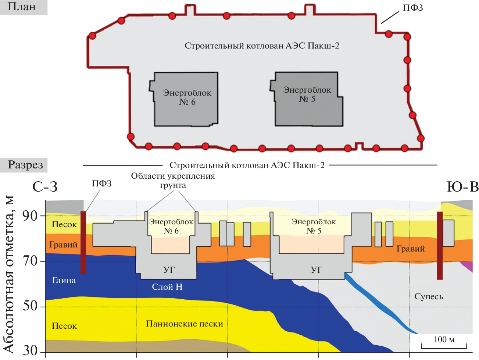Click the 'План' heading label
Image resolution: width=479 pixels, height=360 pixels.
pyautogui.click(x=22, y=7)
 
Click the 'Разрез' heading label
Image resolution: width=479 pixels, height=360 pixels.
pyautogui.click(x=25, y=165)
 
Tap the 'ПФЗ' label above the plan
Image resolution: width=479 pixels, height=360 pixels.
pyautogui.click(x=412, y=8)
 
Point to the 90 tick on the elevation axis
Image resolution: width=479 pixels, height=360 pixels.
pyautogui.click(x=30, y=216)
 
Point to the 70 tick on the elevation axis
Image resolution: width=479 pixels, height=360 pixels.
pyautogui.click(x=30, y=261)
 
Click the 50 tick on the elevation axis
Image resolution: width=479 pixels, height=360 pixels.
pyautogui.click(x=30, y=306)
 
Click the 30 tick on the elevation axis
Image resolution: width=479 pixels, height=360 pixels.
pyautogui.click(x=30, y=350)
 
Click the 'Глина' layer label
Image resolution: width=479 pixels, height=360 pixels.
pyautogui.click(x=64, y=281)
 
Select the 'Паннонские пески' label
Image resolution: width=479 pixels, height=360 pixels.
pyautogui.click(x=185, y=324)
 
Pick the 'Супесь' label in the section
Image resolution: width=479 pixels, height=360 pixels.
pyautogui.click(x=429, y=296)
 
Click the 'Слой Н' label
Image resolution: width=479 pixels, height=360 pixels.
pyautogui.click(x=167, y=287)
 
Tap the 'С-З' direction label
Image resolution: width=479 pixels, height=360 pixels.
pyautogui.click(x=45, y=187)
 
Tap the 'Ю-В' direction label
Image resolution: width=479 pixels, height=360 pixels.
pyautogui.click(x=463, y=187)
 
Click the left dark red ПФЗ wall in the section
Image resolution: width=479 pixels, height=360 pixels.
pyautogui.click(x=83, y=243)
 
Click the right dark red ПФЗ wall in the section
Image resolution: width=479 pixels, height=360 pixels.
pyautogui.click(x=440, y=245)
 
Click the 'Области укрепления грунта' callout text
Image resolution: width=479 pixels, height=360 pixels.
pyautogui.click(x=173, y=181)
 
